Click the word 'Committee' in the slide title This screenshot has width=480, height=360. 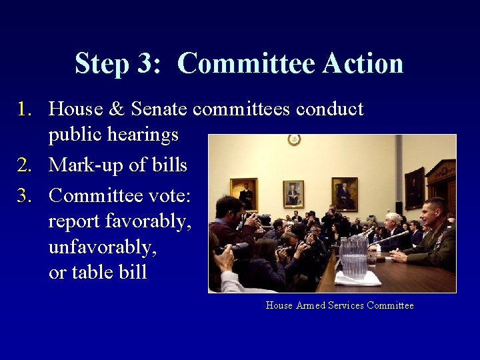click(245, 64)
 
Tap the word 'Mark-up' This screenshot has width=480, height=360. click(85, 165)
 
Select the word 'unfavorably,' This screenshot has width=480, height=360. click(103, 247)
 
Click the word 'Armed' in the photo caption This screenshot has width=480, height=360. click(310, 305)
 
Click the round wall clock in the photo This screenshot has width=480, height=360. click(294, 139)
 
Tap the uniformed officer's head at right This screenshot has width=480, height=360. click(437, 210)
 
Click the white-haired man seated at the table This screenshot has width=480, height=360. click(394, 223)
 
